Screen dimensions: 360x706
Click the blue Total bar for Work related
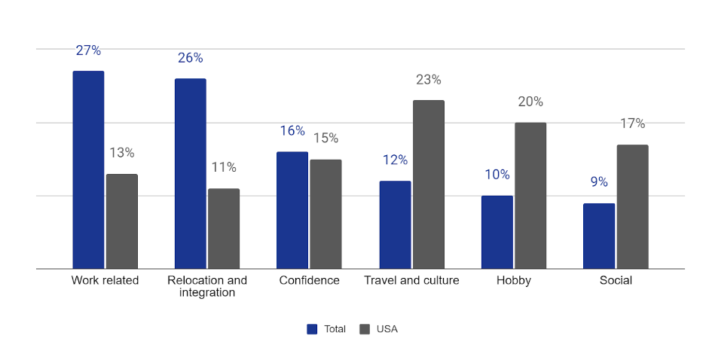(88, 169)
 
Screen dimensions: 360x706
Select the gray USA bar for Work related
(122, 221)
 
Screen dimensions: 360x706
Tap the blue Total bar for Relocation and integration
(190, 173)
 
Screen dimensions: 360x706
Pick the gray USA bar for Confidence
(325, 214)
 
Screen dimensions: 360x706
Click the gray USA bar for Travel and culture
(428, 185)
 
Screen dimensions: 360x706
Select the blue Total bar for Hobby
(497, 232)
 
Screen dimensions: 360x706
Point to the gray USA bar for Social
(632, 206)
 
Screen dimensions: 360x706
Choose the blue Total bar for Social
(599, 236)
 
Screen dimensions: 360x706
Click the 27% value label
(88, 50)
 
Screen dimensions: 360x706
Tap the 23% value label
(428, 80)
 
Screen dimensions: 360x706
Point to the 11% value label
(224, 167)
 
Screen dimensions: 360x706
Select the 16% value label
(292, 131)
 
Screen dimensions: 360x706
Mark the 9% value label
(599, 182)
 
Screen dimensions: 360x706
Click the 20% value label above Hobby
(530, 102)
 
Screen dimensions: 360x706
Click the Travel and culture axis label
(411, 281)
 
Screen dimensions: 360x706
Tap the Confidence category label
(309, 281)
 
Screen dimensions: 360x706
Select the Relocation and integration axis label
(207, 286)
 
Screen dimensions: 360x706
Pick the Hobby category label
(514, 281)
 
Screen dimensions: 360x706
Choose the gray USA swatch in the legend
(365, 329)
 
